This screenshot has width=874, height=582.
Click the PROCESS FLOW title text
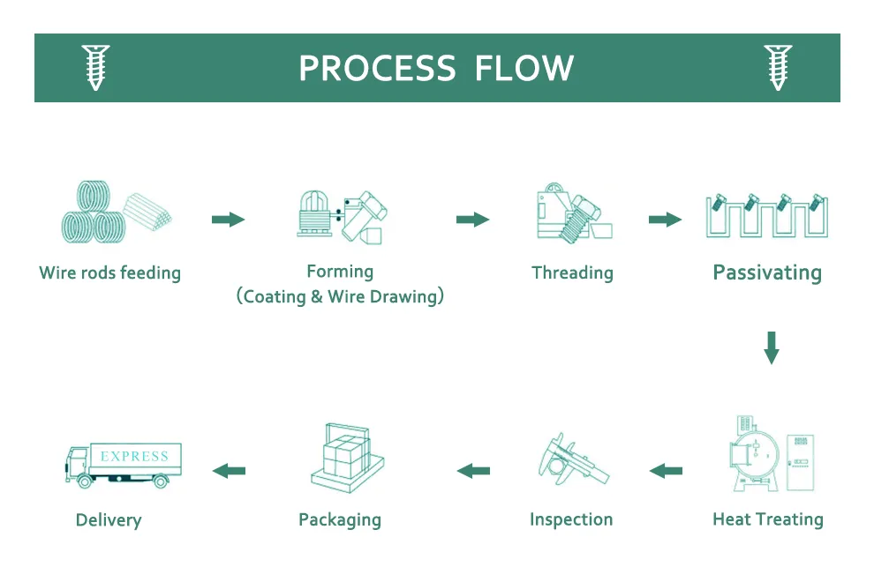coord(436,68)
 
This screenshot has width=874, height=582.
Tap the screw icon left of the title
coord(95,67)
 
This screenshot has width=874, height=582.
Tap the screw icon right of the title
coord(777,67)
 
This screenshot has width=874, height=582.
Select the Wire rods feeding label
coord(109,272)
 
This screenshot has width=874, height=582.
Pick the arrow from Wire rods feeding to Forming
coord(228,219)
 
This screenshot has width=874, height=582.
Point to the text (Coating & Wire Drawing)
coord(340,296)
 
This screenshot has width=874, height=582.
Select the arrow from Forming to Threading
coord(472,219)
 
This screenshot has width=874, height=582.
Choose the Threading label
coord(572,272)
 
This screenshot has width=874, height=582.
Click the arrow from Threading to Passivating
coord(665,219)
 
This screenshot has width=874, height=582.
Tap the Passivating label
coord(766,272)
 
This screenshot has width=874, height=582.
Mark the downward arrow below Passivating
coord(771,347)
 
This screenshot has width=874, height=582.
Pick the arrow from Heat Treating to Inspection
coord(666,471)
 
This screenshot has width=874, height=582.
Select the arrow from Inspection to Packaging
coord(473,471)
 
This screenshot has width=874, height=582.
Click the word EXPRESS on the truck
coord(134,456)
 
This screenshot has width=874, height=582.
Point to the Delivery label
coord(109,520)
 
